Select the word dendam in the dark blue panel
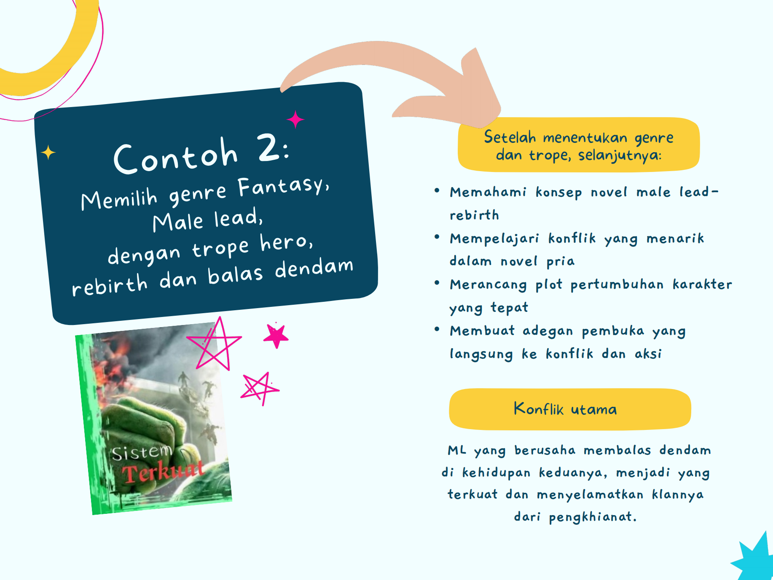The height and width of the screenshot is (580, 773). [x=314, y=268]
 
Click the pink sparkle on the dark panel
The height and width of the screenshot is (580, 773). [x=295, y=119]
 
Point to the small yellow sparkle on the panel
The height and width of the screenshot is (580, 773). [x=48, y=152]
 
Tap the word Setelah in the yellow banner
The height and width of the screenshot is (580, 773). [x=510, y=137]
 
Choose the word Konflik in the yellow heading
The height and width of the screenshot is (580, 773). [x=538, y=408]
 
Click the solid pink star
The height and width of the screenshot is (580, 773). [x=276, y=336]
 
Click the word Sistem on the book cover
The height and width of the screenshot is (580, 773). [x=142, y=452]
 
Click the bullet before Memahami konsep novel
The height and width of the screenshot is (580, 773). [x=437, y=191]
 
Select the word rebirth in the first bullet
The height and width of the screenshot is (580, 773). [x=474, y=215]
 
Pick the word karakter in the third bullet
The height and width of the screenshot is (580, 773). [x=702, y=284]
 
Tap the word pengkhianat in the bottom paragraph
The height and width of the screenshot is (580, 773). [x=593, y=517]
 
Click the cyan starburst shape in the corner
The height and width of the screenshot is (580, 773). [x=757, y=559]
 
